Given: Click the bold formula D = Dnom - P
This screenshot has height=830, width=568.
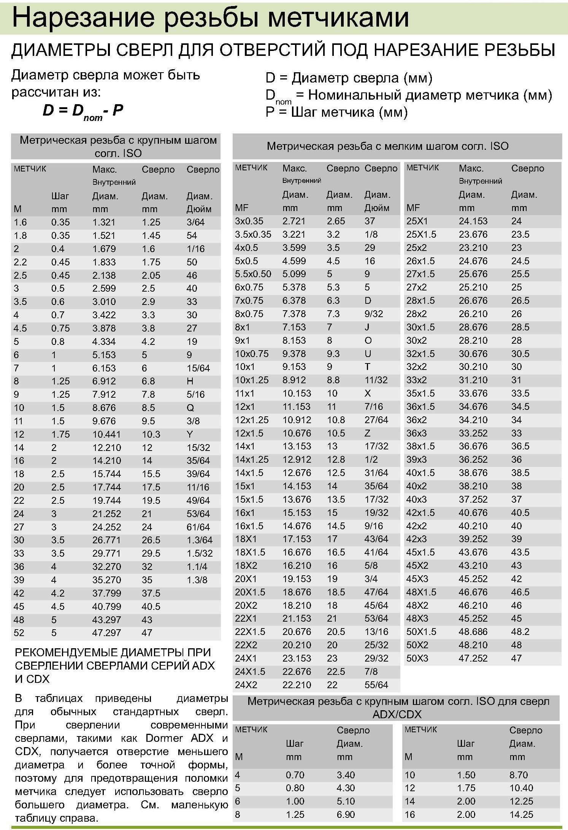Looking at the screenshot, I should tap(83, 111).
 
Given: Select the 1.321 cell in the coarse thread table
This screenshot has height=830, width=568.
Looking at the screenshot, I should tap(103, 222).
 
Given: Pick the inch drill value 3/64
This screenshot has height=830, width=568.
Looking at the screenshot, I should tap(195, 222).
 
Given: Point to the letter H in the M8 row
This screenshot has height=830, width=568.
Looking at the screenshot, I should tap(190, 381).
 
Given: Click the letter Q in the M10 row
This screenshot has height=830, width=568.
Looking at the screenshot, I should tap(190, 408).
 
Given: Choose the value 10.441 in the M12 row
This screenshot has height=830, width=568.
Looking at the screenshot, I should tap(106, 434).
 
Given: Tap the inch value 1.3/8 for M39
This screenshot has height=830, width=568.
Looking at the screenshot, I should tap(197, 580).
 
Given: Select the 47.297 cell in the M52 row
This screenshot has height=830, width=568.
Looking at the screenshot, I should tap(106, 633).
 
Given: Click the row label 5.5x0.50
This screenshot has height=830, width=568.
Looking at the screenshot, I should tap(253, 274).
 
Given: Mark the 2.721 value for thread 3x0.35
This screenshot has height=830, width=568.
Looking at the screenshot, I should tap(294, 221).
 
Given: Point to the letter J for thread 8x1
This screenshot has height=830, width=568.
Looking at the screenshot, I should tap(367, 327).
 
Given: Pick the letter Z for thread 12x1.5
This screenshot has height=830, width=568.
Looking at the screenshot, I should tap(367, 433).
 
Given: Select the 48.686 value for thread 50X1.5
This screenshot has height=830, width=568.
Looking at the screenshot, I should tap(473, 632).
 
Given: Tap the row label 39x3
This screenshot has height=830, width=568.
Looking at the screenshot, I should tap(416, 459).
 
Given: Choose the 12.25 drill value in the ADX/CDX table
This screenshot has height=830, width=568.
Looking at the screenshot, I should tap(521, 801).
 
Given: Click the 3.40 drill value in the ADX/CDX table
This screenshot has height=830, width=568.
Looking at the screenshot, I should tap(346, 775).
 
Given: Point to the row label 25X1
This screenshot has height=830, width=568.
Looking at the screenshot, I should tap(417, 221).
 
